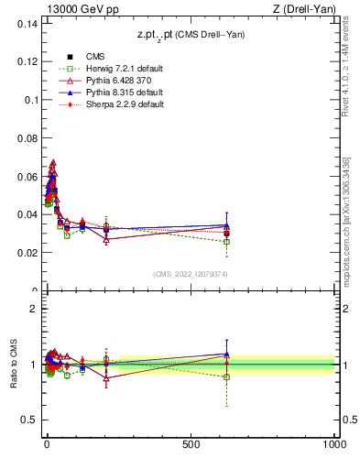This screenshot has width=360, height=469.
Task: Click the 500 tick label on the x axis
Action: tap(191, 444)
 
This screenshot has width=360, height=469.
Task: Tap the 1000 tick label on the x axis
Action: tap(333, 444)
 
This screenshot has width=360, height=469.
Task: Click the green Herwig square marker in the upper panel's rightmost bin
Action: tap(226, 242)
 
